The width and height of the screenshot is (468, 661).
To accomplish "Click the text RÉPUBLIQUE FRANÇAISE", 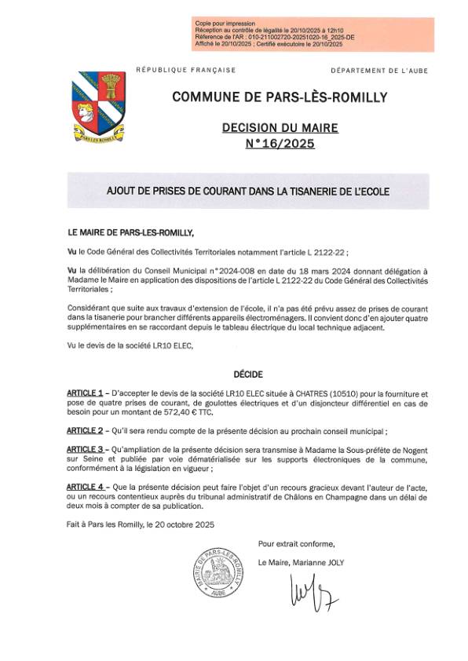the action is (x=185, y=70).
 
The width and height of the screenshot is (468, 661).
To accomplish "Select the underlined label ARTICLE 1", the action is (x=85, y=392).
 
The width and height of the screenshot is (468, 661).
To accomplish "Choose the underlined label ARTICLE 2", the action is (x=85, y=430).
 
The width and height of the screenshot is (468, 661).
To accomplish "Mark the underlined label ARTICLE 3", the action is (x=85, y=449).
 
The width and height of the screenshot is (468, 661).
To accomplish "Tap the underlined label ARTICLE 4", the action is (x=85, y=487).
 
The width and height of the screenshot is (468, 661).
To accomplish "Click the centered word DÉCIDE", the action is (x=248, y=374).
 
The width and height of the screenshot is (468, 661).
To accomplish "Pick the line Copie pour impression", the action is (x=225, y=26).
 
